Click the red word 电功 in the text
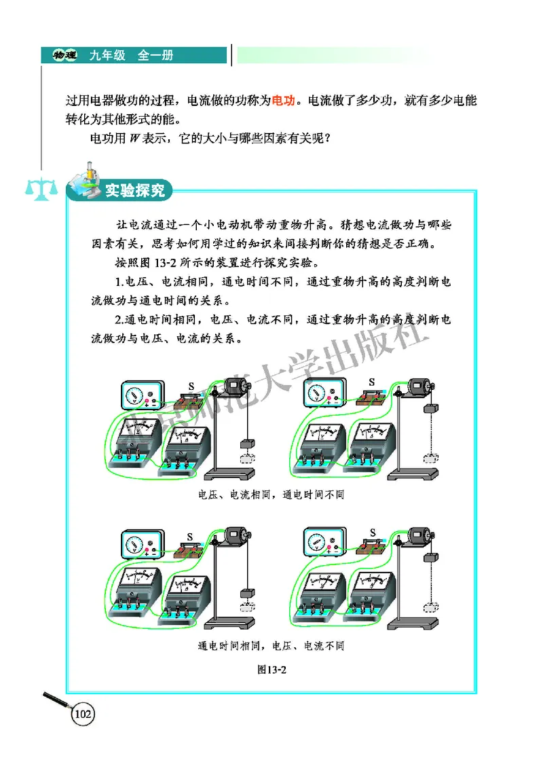pyautogui.click(x=283, y=100)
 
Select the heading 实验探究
pyautogui.click(x=134, y=191)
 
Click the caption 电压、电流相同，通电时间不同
pyautogui.click(x=271, y=494)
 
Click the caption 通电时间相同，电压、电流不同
pyautogui.click(x=271, y=645)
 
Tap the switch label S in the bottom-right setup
pyautogui.click(x=372, y=532)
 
